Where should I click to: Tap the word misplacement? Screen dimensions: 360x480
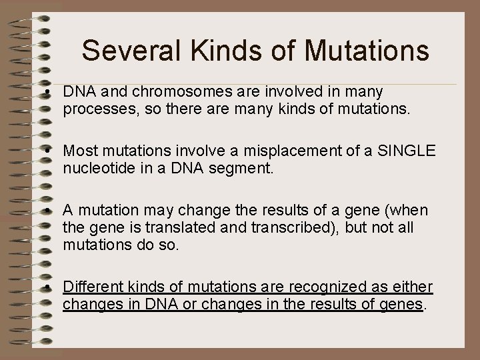[283, 151]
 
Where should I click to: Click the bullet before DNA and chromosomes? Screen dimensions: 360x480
[51, 92]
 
